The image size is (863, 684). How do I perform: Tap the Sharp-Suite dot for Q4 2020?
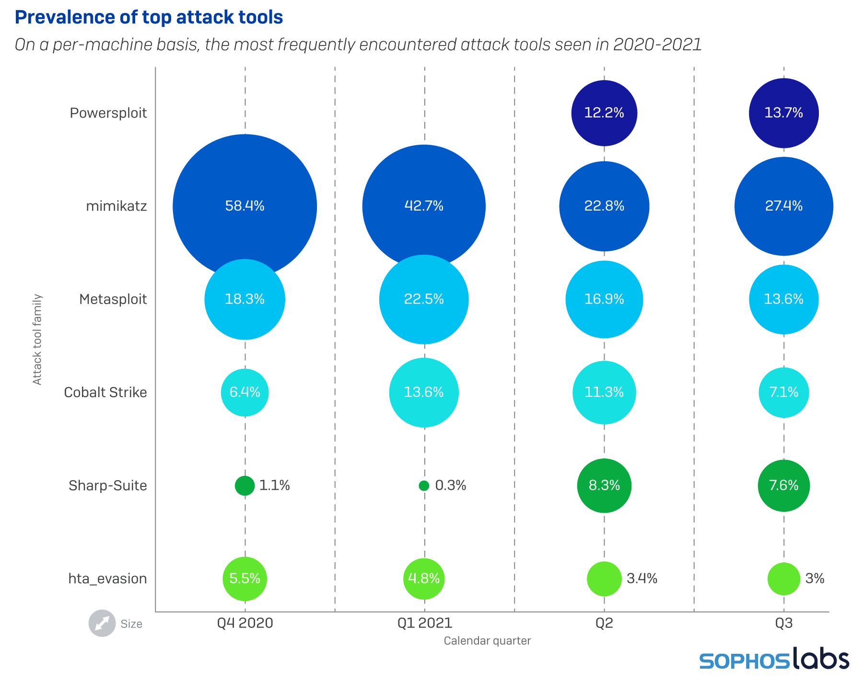(x=245, y=485)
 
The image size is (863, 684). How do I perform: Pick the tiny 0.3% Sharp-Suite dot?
(x=424, y=485)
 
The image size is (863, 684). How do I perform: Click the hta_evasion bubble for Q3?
(x=784, y=578)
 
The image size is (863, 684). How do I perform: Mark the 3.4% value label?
(x=642, y=578)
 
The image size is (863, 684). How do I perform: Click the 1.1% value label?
(x=274, y=485)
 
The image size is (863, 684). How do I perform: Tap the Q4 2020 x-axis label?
(x=245, y=623)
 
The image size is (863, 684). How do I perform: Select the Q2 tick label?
(x=604, y=623)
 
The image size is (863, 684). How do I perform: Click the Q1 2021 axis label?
(x=425, y=623)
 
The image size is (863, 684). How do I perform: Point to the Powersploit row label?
(x=108, y=113)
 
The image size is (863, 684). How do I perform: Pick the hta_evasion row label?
(x=107, y=578)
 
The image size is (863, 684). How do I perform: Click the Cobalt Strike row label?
(x=105, y=392)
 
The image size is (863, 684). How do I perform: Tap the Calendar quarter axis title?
(x=487, y=641)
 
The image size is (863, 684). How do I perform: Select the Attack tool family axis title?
(x=37, y=339)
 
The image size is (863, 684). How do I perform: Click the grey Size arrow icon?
(x=102, y=623)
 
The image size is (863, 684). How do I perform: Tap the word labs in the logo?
(x=820, y=659)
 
